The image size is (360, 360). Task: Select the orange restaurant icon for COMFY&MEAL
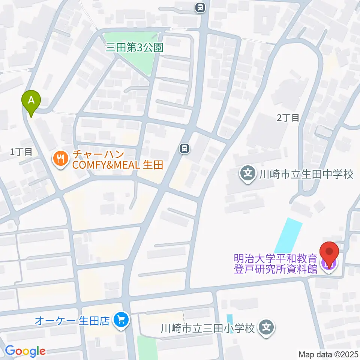[60, 159]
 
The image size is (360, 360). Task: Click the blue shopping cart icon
[121, 320]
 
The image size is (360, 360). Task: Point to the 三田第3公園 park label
[135, 48]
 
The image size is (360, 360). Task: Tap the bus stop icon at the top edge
[201, 7]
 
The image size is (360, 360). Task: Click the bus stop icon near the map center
[184, 149]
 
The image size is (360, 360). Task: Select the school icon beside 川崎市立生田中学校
[247, 174]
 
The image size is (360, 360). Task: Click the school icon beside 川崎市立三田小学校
[267, 328]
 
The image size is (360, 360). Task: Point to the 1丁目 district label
[21, 152]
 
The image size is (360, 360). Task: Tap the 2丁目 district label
[288, 118]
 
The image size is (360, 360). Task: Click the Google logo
[25, 351]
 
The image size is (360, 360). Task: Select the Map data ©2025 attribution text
[328, 354]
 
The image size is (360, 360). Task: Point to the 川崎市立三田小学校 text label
[208, 329]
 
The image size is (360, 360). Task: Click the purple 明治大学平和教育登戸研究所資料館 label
[276, 264]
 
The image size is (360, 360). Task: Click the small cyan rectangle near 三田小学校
[229, 323]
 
